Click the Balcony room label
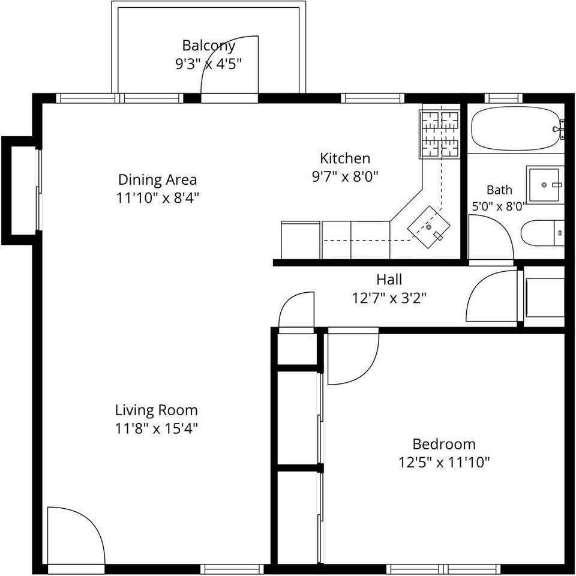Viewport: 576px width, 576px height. (209, 46)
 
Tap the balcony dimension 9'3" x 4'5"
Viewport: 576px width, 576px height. (209, 64)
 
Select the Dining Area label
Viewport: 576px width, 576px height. (158, 180)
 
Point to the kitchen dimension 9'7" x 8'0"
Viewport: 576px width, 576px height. (345, 176)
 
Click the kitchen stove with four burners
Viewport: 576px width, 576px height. (439, 134)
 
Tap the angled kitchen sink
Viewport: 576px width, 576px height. (428, 227)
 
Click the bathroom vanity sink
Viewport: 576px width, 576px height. (544, 184)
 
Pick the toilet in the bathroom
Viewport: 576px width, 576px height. (542, 233)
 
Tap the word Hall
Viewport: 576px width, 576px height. (389, 280)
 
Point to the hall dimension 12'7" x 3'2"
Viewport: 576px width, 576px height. (389, 298)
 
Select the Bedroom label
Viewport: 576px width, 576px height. (444, 444)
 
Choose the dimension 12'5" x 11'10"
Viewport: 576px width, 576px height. (444, 462)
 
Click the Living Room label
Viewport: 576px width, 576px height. (157, 410)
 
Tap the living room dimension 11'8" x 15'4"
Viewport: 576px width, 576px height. (157, 428)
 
